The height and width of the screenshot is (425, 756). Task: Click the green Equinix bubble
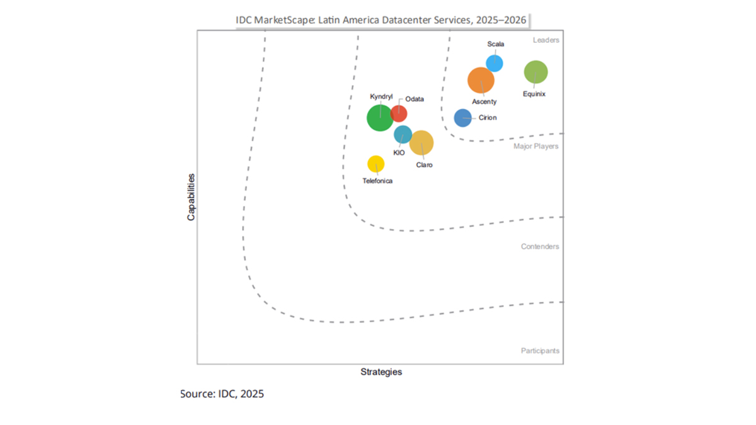(535, 72)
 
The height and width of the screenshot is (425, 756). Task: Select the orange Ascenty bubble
(481, 80)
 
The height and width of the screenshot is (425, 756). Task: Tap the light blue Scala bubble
(495, 63)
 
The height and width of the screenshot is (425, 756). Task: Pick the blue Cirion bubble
(463, 118)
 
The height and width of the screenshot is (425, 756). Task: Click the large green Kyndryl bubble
(379, 118)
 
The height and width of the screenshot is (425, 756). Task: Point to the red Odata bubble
(399, 113)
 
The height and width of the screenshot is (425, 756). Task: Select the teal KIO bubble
(403, 134)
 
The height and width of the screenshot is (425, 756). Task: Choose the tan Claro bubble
(421, 143)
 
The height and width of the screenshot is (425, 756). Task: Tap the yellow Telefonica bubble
(376, 164)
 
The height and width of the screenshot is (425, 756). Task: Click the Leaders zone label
(546, 40)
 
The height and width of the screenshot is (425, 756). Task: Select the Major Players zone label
(535, 147)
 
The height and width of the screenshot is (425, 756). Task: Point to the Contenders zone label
(540, 247)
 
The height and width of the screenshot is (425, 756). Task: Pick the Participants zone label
(540, 351)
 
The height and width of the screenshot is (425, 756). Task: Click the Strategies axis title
(381, 372)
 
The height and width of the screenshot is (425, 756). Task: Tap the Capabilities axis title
(191, 197)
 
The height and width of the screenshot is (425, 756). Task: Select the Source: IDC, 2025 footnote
(222, 394)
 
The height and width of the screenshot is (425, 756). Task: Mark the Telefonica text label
(377, 181)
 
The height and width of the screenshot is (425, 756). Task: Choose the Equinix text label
(534, 94)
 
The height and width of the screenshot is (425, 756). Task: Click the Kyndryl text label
(381, 96)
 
